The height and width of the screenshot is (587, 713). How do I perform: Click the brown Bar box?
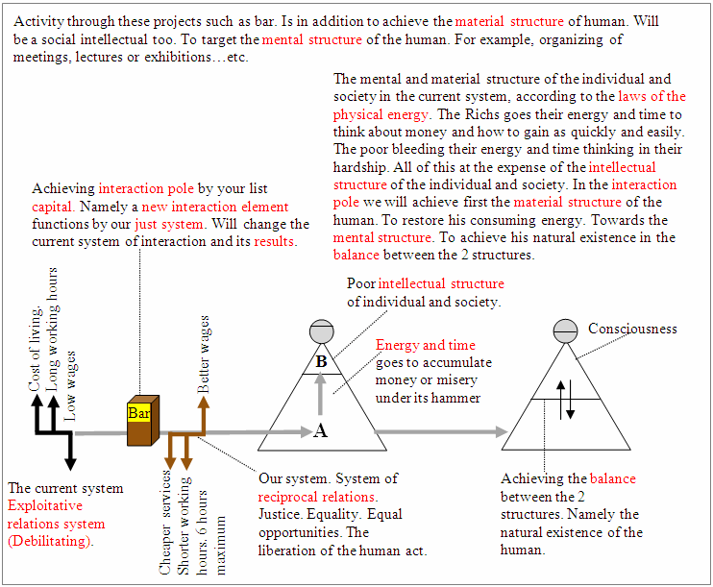coord(143,420)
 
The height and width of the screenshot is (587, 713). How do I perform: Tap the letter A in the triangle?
coord(321,430)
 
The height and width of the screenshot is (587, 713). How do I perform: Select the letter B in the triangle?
coord(322,361)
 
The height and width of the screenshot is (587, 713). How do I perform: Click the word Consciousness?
coord(632,329)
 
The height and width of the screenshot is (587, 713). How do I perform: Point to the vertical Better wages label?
coord(203,355)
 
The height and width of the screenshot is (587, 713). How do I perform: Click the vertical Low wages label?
coord(69,386)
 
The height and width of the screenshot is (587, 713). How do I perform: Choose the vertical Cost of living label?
coord(35,349)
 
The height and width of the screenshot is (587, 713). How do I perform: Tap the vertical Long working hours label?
coord(52,330)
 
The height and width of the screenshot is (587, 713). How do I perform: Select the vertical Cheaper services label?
coord(164,523)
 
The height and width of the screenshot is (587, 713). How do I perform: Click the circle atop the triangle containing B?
coord(322,331)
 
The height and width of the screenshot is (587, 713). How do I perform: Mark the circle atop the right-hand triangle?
coord(565,330)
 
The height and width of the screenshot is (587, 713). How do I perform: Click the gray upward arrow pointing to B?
coord(321,394)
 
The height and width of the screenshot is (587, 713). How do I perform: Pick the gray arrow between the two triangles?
coord(441,431)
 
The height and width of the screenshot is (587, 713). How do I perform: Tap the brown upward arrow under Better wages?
coord(204,416)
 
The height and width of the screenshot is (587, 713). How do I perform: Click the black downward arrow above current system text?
coord(70,452)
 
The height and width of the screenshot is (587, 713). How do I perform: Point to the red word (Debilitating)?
coord(50,541)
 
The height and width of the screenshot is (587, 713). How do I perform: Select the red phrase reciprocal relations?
coord(318,497)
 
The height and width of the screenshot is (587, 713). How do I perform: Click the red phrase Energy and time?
coord(426,345)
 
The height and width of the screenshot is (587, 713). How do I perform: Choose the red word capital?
coord(53,207)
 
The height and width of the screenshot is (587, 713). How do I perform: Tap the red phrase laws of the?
coord(652,96)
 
